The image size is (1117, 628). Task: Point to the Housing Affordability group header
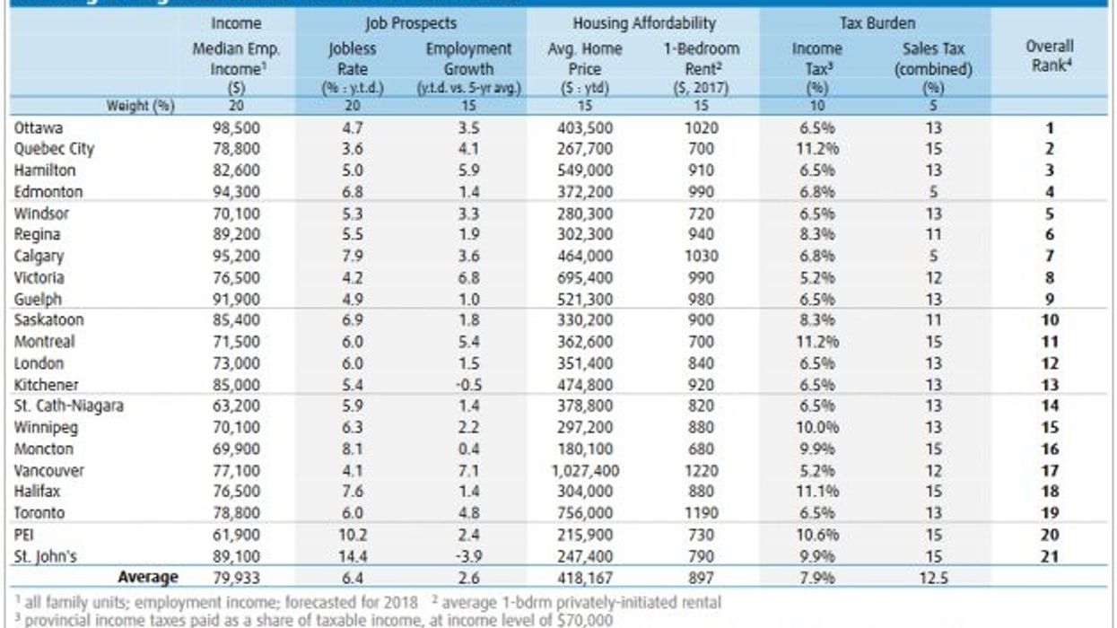(x=644, y=23)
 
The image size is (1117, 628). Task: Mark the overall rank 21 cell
(x=1051, y=556)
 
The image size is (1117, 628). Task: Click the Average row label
(x=148, y=577)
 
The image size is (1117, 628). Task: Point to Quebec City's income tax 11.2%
(x=817, y=149)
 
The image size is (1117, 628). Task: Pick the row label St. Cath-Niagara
(x=69, y=406)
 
